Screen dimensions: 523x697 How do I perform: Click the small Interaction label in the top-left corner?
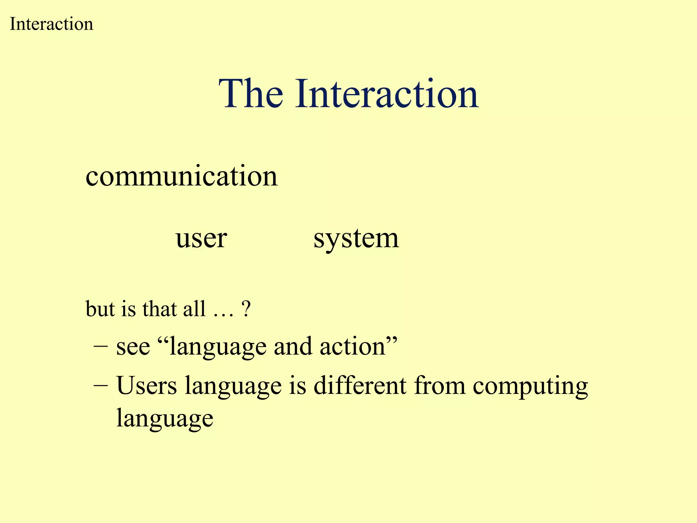[x=51, y=24]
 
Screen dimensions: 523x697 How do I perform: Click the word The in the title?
[x=251, y=93]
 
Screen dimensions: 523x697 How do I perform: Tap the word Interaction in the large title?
[x=387, y=93]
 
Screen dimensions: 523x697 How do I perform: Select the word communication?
[x=181, y=176]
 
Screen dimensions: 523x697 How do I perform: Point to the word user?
[x=201, y=238]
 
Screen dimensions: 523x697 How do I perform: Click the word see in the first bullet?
[x=133, y=347]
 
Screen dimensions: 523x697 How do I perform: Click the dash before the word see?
[x=100, y=347]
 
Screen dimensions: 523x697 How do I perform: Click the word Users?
[x=147, y=386]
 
